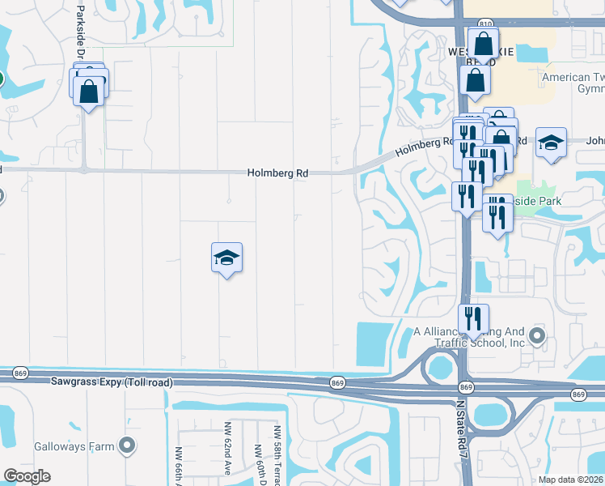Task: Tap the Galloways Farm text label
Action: [x=72, y=446]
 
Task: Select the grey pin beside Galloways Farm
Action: [x=125, y=445]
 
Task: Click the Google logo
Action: [x=27, y=476]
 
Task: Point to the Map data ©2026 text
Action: [x=571, y=480]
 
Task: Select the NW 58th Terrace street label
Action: [x=277, y=454]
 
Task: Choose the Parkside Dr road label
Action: [x=80, y=32]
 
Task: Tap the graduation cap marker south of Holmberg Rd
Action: [x=227, y=258]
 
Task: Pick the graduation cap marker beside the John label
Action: [x=551, y=144]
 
